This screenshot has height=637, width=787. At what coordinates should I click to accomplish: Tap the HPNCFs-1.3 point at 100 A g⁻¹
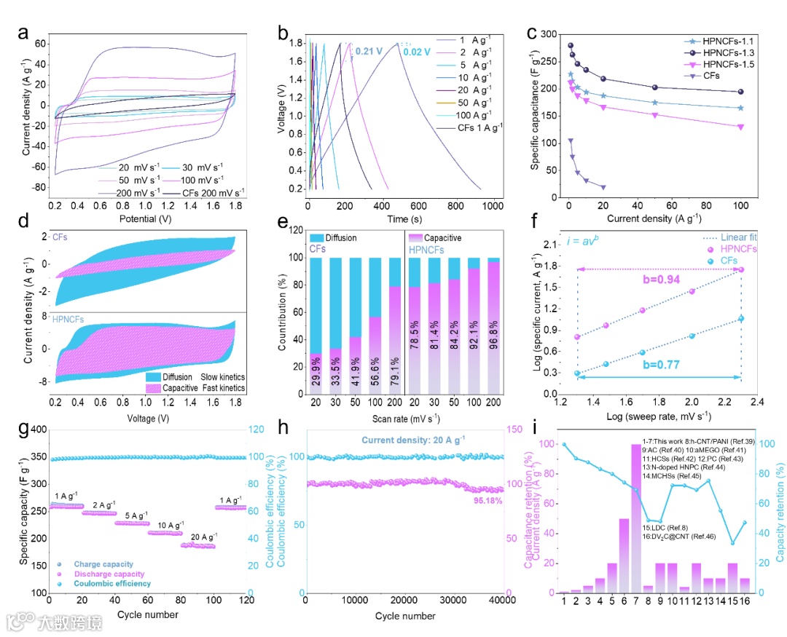pyautogui.click(x=740, y=92)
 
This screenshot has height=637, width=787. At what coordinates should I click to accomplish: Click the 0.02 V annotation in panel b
pyautogui.click(x=418, y=52)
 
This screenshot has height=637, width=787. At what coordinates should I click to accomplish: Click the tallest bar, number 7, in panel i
pyautogui.click(x=636, y=518)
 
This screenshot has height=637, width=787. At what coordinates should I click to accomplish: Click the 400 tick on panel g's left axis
pyautogui.click(x=34, y=430)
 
